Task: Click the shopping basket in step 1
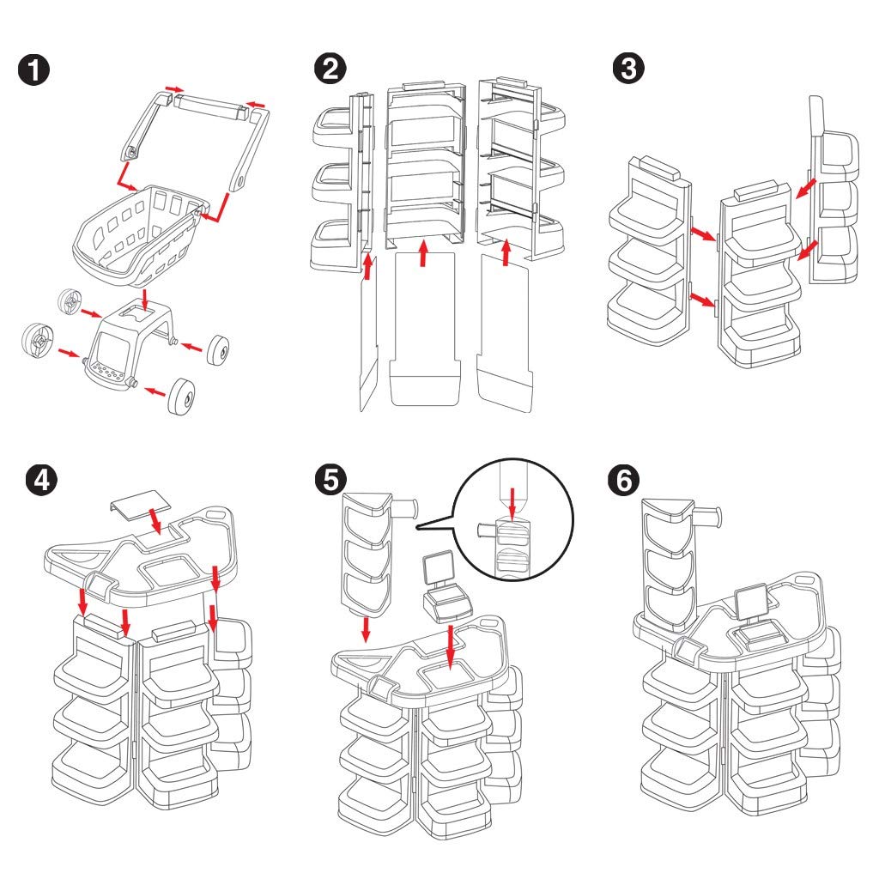[x=142, y=232]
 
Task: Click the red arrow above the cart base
[x=145, y=299]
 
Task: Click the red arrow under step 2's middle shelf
[x=422, y=254]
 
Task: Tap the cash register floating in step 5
[x=442, y=592]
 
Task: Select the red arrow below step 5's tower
[x=365, y=629]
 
